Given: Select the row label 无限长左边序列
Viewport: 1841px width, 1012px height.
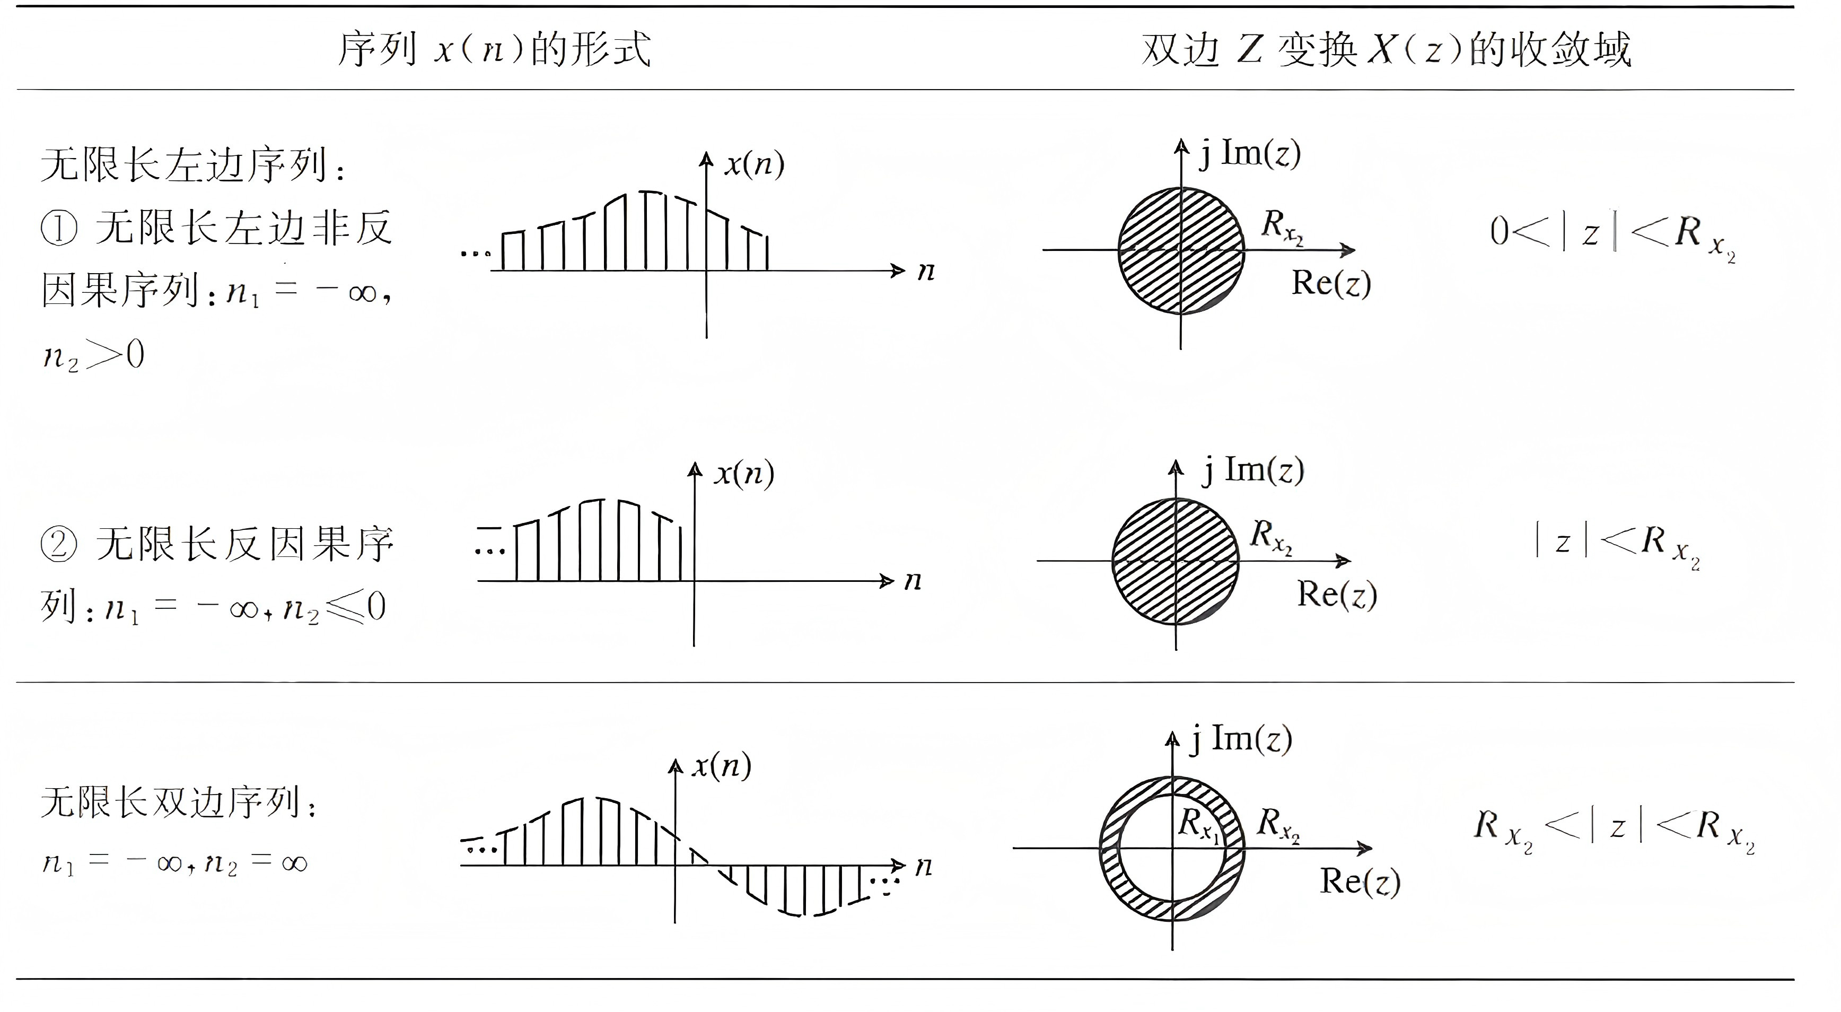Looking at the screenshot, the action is [189, 166].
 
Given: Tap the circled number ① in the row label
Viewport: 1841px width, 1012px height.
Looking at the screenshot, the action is [59, 229].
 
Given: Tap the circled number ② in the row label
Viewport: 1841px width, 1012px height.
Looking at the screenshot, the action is [59, 545].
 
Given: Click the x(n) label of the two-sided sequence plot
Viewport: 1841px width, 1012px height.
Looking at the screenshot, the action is [721, 765].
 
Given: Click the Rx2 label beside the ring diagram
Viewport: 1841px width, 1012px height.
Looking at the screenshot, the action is [1278, 824].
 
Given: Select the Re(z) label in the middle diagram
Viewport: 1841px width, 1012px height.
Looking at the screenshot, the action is [1336, 594].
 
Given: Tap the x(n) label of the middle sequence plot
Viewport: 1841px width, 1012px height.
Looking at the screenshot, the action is [744, 473].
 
